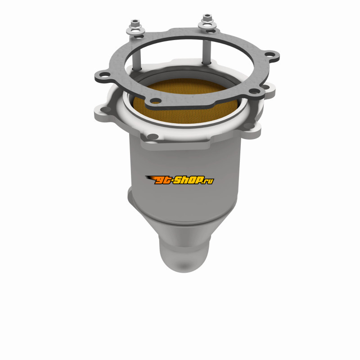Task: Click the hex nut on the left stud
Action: (x=135, y=23)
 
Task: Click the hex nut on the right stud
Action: (x=207, y=18)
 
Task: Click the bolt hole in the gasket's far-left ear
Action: (x=105, y=74)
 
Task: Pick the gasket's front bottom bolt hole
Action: (x=156, y=101)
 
